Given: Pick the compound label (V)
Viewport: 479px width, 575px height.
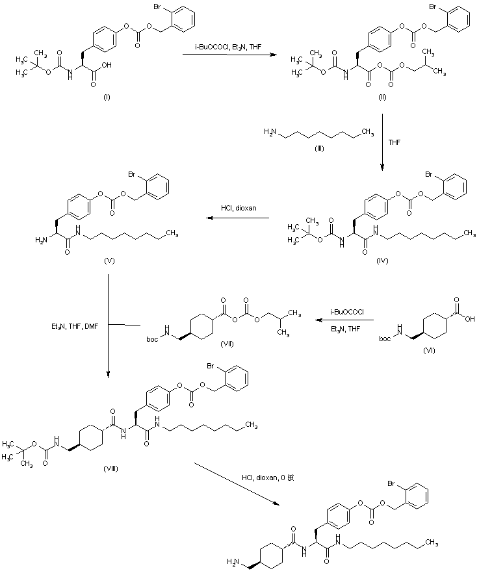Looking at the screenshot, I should coord(109,259).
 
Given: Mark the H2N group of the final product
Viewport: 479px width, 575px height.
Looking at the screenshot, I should coord(235,561).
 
